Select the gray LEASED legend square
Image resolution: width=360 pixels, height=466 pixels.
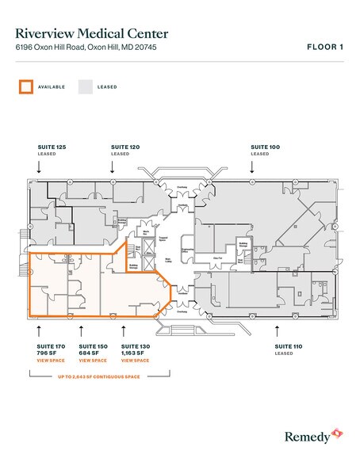(x=85, y=86)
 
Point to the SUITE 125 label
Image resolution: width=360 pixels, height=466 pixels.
(x=52, y=147)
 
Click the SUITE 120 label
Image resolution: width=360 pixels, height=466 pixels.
(x=125, y=147)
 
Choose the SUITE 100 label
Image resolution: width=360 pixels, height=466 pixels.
(x=265, y=147)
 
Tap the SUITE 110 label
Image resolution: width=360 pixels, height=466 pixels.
(x=289, y=346)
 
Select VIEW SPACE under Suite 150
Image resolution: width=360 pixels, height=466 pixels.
(x=94, y=361)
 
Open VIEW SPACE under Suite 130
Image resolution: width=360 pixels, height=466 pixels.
(x=136, y=361)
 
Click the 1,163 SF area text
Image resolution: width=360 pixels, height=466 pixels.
(x=133, y=353)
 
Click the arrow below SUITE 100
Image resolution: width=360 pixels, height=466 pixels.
(x=252, y=166)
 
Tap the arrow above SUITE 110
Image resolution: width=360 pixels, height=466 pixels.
(x=276, y=327)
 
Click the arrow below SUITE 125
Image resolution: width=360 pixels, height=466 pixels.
(x=39, y=166)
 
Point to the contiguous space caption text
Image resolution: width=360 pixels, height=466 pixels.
(x=89, y=376)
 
